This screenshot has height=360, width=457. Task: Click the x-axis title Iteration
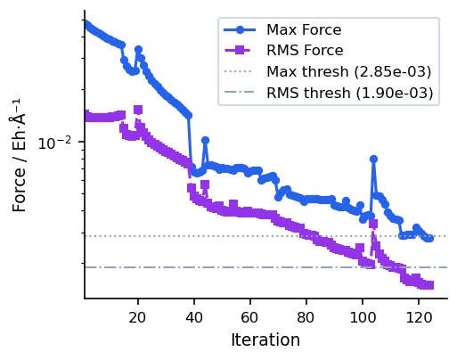pos(265,340)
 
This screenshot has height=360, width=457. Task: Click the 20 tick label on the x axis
pos(137,316)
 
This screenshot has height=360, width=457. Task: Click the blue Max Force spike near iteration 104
pos(373,160)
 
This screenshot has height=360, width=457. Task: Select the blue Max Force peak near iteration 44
pos(205,141)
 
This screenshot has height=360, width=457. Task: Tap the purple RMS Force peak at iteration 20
pos(137,110)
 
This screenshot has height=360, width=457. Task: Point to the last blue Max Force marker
pos(429,238)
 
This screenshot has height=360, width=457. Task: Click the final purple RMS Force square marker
pos(429,285)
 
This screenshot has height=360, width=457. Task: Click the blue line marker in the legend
pos(242,29)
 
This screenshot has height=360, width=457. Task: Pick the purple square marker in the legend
pos(242,51)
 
